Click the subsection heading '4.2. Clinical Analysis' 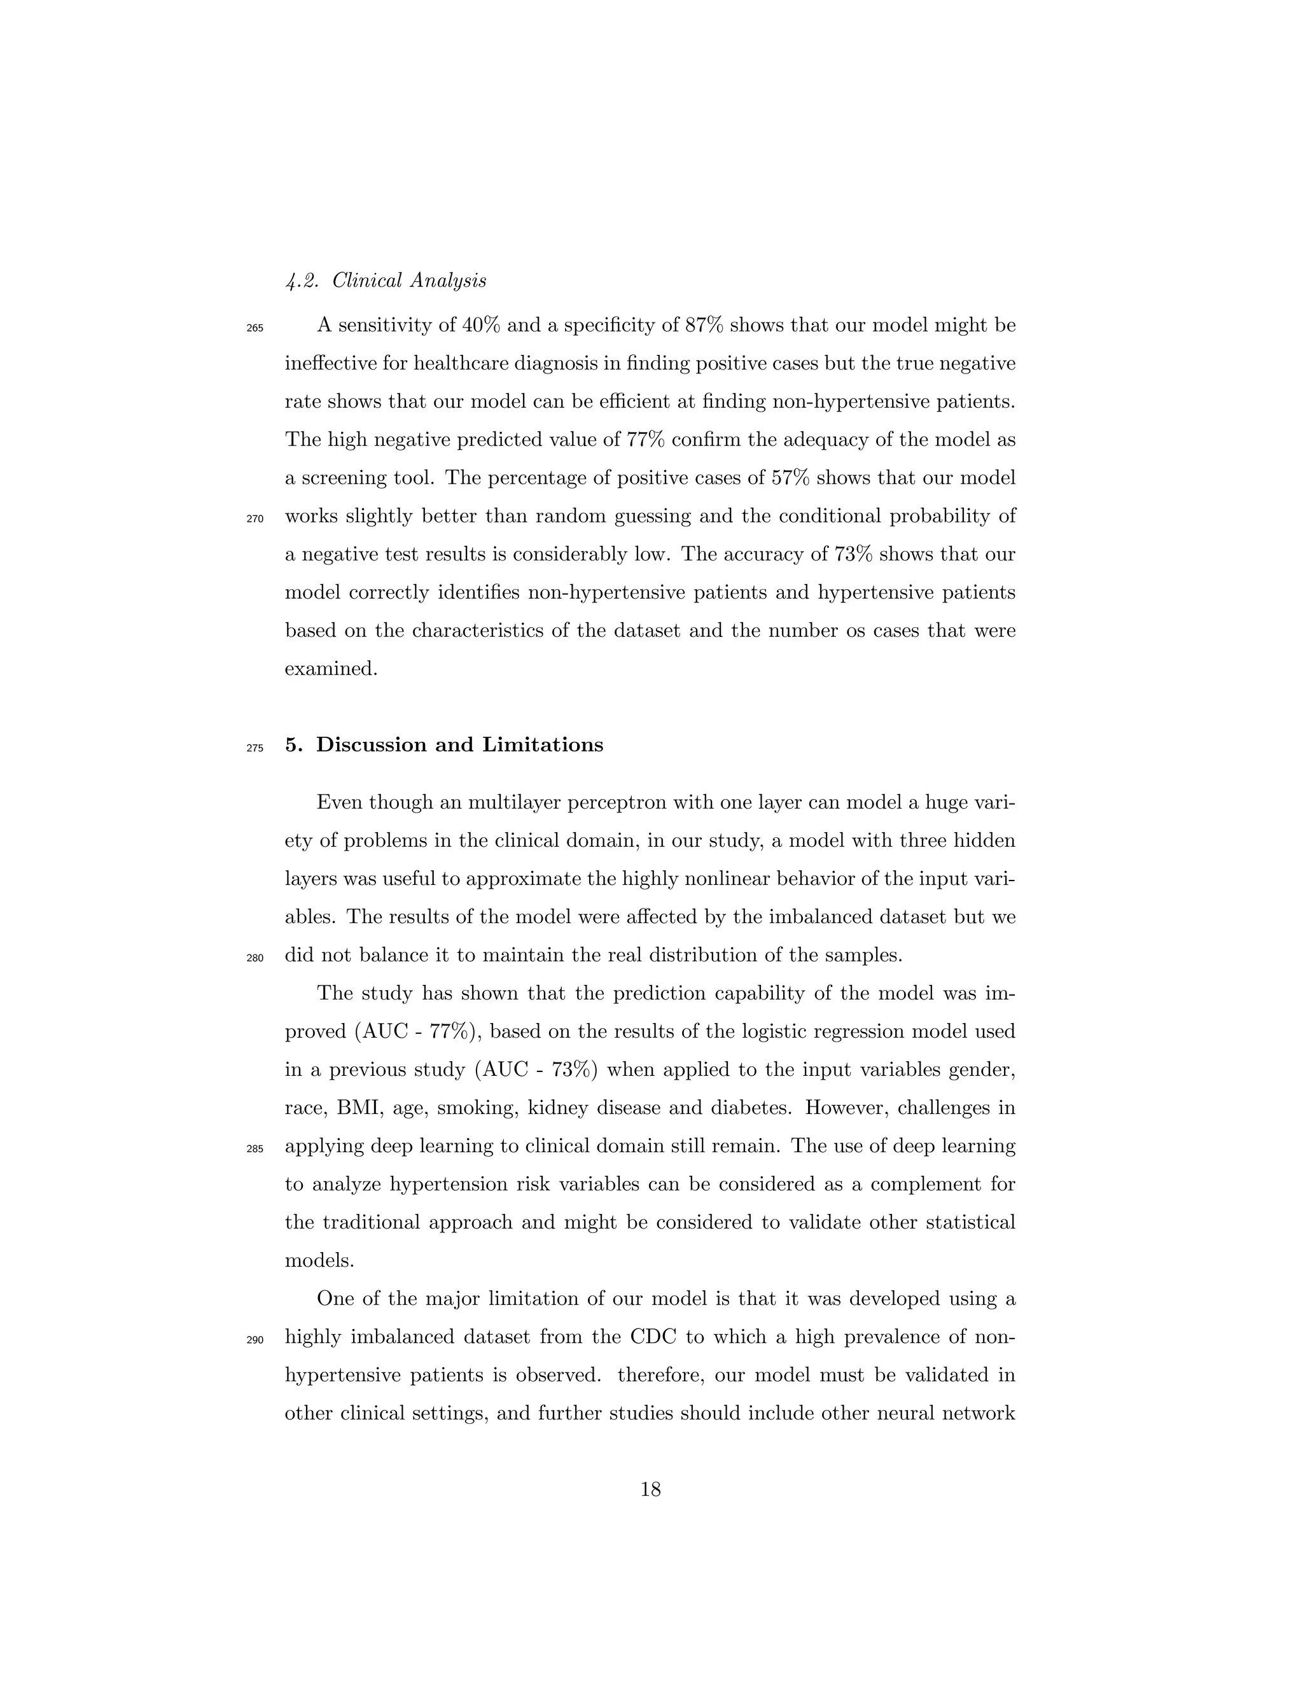coord(386,281)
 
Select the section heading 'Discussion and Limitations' coord(459,745)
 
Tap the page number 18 coord(651,1490)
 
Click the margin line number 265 coord(254,328)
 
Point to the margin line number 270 coord(254,519)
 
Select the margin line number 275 coord(254,748)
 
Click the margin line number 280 coord(254,958)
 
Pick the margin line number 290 coord(254,1340)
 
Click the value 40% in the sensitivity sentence coord(481,325)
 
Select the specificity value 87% coord(704,325)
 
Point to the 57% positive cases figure coord(790,478)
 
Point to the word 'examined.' coord(331,669)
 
